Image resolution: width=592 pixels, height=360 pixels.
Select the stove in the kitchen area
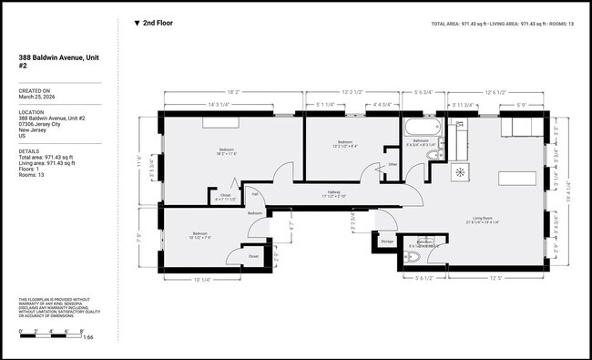point(460,171)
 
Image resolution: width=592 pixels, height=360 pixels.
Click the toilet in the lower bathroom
point(412,259)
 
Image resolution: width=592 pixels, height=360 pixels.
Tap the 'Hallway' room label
point(334,193)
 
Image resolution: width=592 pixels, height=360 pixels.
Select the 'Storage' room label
point(386,242)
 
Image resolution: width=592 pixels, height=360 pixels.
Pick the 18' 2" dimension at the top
point(232,92)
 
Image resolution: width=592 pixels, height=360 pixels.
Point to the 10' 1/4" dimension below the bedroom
point(202,280)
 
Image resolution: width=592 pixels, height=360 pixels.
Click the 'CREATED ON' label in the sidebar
point(35,90)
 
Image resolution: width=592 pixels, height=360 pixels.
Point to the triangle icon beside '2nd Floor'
point(137,23)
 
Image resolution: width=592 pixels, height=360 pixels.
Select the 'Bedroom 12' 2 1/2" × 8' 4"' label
point(345,143)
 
